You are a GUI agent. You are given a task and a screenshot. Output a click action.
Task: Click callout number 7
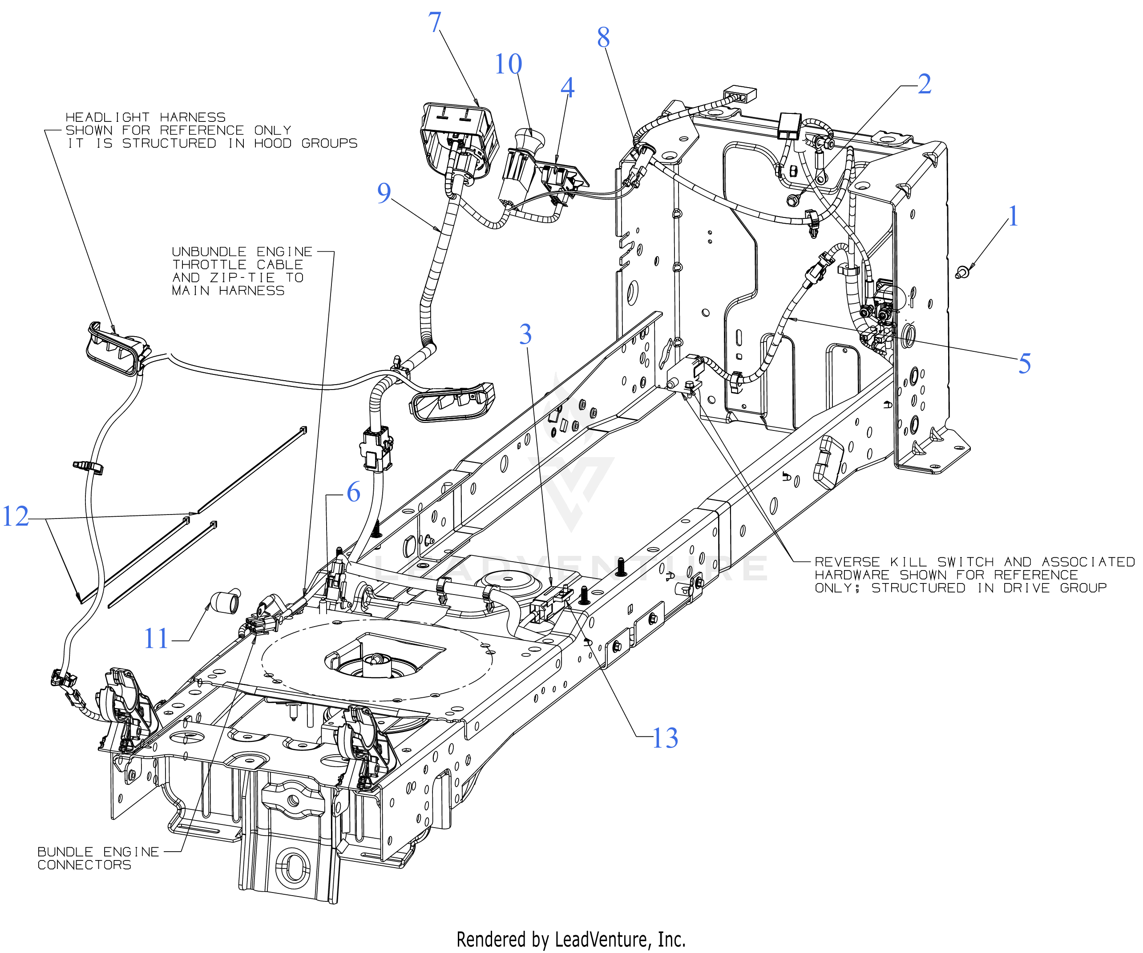click(434, 23)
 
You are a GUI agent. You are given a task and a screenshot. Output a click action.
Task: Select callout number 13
click(665, 738)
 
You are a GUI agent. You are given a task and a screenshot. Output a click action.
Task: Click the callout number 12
click(15, 516)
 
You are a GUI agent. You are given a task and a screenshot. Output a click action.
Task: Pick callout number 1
click(1013, 216)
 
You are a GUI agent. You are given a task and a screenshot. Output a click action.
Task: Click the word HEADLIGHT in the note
click(107, 117)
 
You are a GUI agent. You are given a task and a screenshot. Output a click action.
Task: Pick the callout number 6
click(353, 492)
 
